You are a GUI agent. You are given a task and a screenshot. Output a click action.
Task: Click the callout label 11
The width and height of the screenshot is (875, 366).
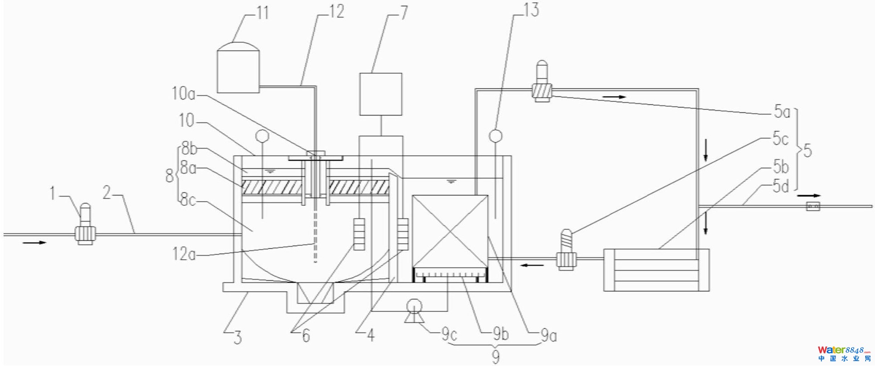pos(263,13)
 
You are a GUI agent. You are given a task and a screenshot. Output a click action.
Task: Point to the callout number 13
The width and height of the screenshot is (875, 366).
pos(531,10)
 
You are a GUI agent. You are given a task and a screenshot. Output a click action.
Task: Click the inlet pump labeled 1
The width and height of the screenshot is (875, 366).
pos(85,231)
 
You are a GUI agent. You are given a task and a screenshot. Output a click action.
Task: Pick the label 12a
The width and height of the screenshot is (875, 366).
pos(184,254)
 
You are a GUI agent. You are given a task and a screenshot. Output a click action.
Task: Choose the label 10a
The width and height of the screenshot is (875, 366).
pos(184,94)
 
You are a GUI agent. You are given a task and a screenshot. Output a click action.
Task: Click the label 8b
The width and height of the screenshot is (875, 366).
pos(189,148)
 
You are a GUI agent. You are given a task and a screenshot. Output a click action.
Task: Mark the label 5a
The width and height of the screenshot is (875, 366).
pos(782,111)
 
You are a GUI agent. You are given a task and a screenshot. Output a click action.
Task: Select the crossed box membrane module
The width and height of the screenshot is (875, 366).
pos(450,231)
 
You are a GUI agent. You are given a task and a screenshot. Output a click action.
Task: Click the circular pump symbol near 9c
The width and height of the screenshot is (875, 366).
pos(415,306)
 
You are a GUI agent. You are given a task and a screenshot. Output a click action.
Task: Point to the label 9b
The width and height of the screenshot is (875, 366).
pos(501,334)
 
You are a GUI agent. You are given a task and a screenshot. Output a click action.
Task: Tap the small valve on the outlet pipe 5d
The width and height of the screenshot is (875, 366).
pos(813,206)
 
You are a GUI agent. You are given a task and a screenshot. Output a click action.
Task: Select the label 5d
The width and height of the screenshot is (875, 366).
pos(781,186)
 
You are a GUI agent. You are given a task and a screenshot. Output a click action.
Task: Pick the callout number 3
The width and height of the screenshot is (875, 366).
pos(238,338)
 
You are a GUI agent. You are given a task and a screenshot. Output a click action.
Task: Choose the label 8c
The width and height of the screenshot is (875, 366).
pos(188,200)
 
